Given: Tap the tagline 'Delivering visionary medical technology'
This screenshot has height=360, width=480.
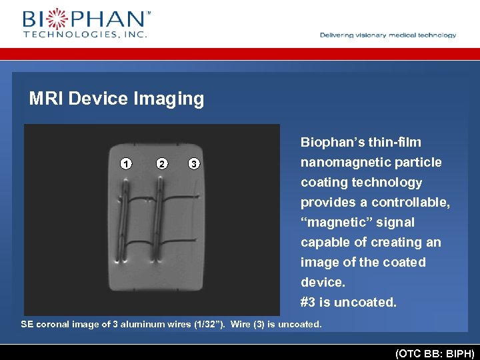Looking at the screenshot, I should (x=388, y=35).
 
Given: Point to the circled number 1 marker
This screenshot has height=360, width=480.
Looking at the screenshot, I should (x=125, y=163).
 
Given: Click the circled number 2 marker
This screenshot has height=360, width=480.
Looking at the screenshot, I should (x=161, y=163).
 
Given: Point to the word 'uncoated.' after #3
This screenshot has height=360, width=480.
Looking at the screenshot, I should (x=365, y=303).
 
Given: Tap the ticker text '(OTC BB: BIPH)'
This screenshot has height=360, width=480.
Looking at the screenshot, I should (x=435, y=352).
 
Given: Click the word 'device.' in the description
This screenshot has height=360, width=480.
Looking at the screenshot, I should (x=323, y=283).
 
